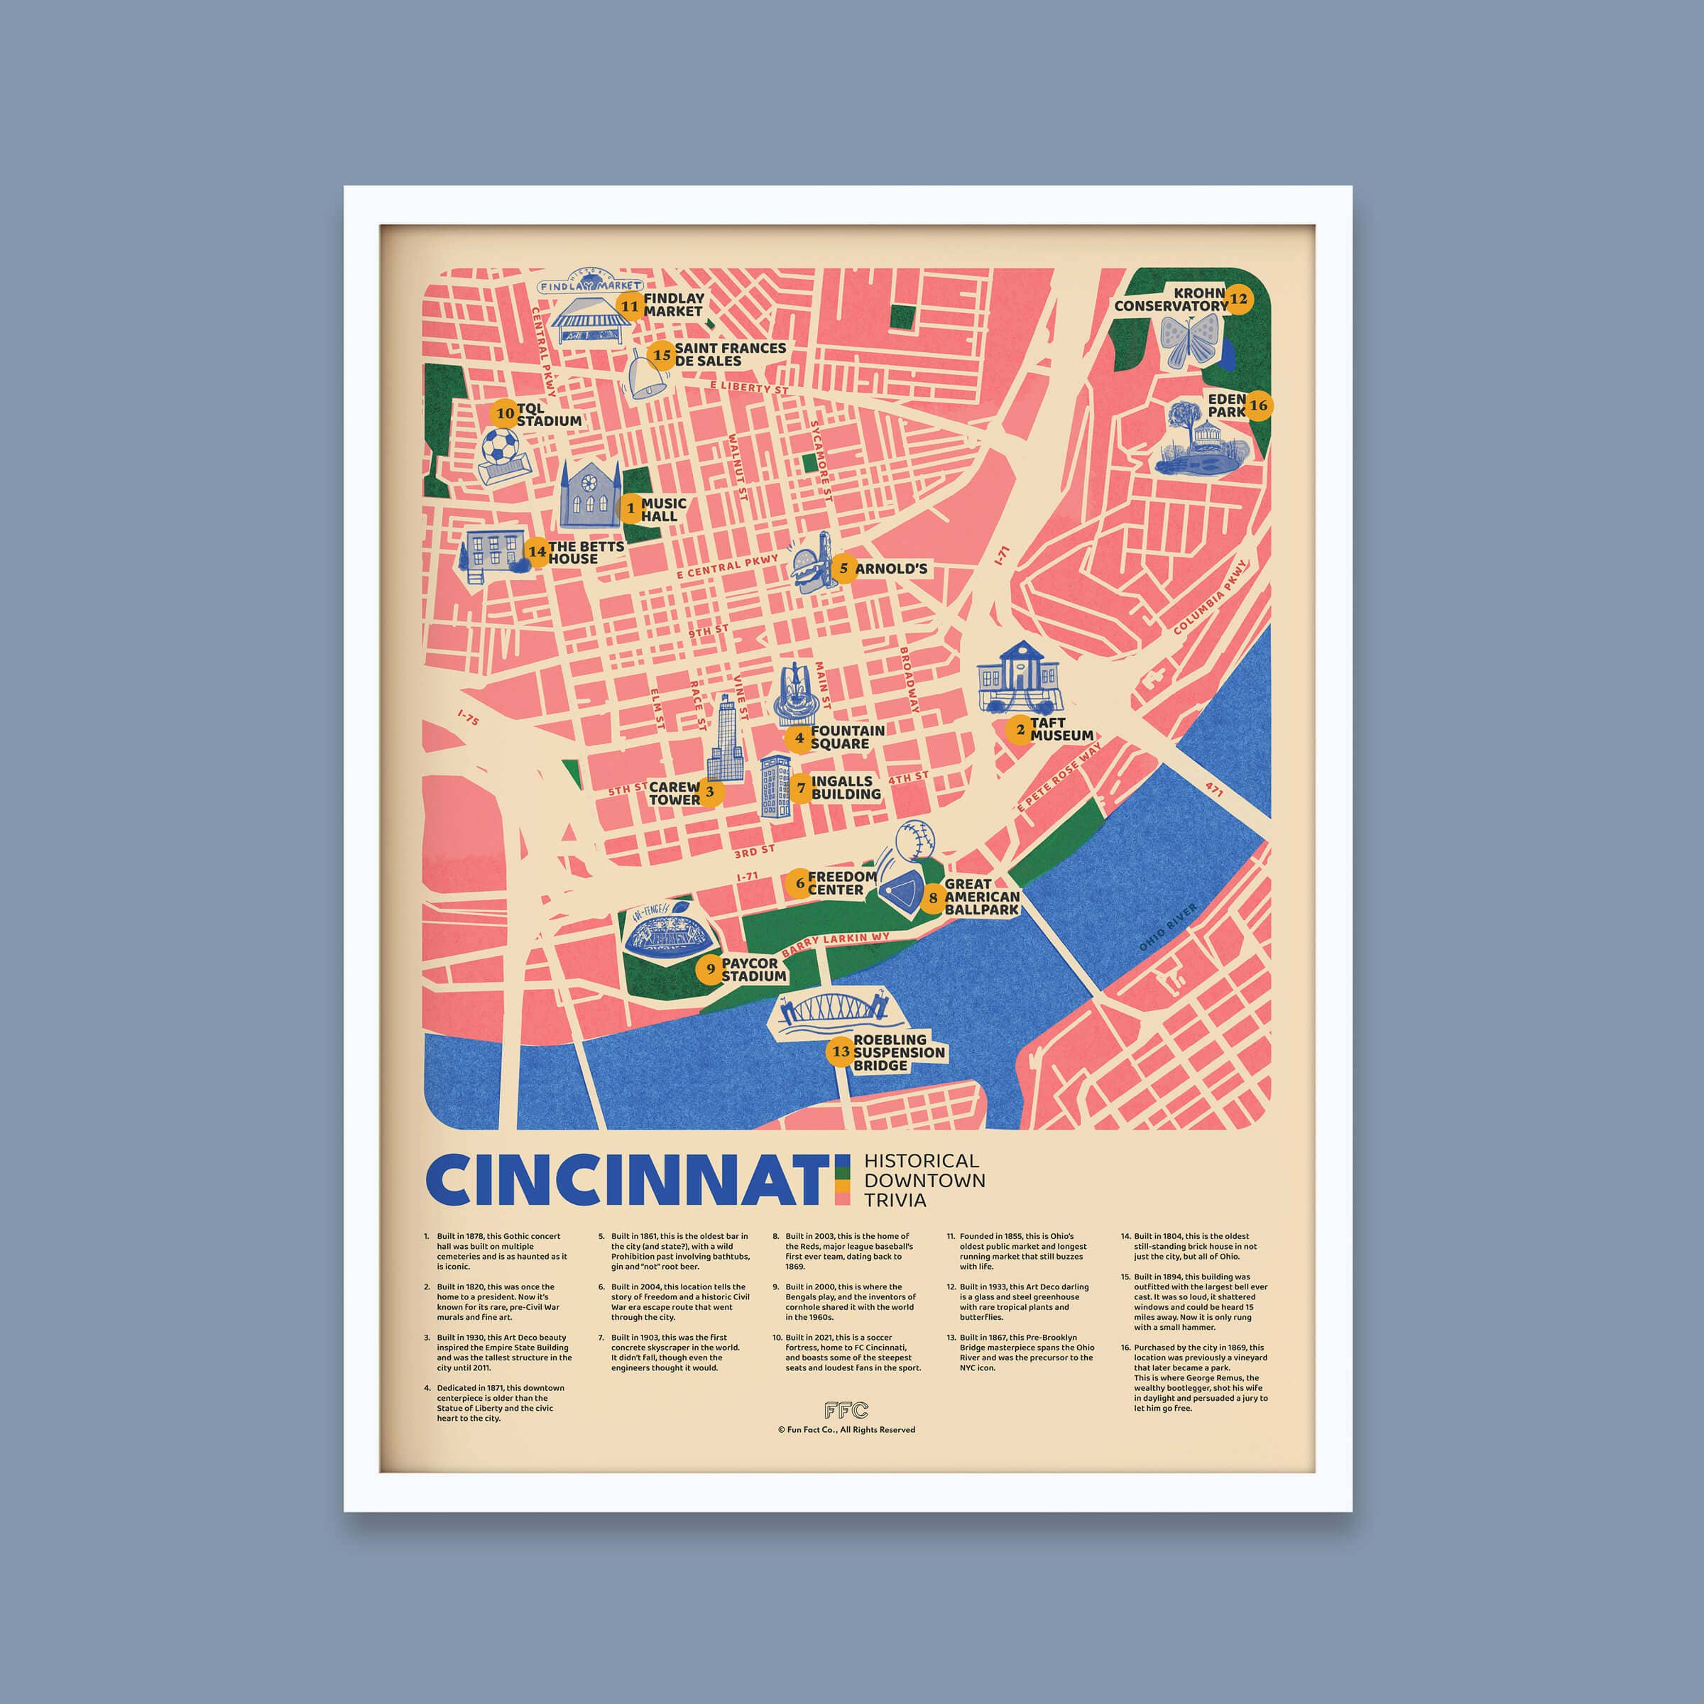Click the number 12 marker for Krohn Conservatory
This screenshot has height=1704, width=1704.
(1238, 299)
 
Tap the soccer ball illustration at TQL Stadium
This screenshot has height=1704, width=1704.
(500, 447)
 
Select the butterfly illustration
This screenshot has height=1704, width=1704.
(1190, 341)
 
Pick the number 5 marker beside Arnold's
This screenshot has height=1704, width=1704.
(843, 568)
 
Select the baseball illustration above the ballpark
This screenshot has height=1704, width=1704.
(914, 840)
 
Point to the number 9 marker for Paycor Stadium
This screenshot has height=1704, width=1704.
(710, 969)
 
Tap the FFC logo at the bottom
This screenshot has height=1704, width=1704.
(846, 1410)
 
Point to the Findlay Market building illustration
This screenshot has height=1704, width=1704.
(590, 322)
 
